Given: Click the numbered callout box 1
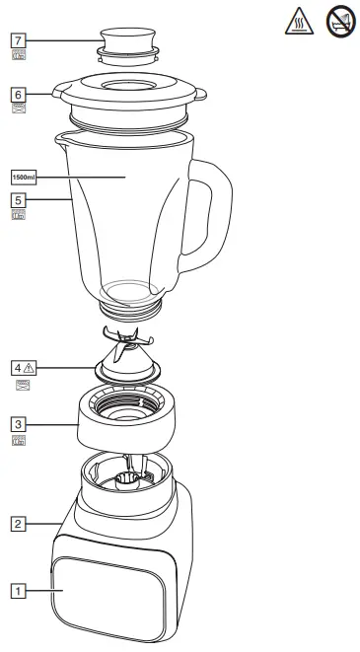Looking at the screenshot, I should click(x=17, y=591).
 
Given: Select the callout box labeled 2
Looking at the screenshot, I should click(x=17, y=524).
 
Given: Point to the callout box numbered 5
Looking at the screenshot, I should click(x=17, y=199).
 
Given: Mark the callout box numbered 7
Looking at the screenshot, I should click(x=17, y=40).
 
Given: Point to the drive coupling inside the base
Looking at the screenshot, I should click(x=128, y=479).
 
